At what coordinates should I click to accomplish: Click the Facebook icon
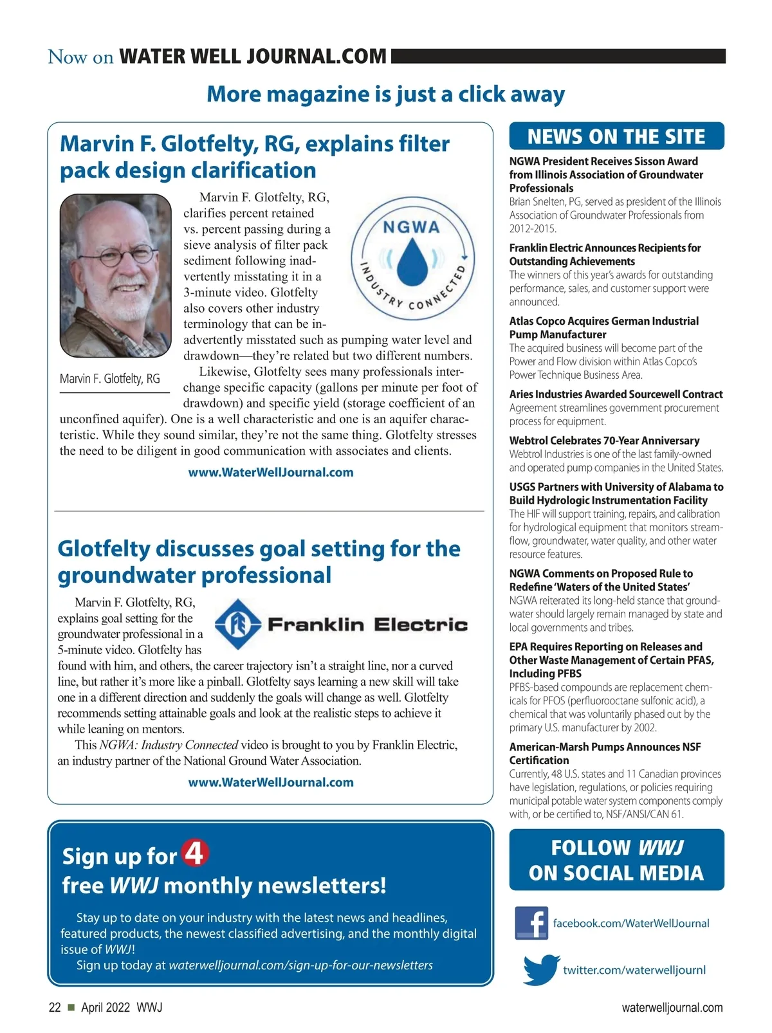click(x=531, y=923)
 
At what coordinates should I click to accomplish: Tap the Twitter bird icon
click(x=540, y=969)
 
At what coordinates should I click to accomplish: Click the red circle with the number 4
click(x=195, y=854)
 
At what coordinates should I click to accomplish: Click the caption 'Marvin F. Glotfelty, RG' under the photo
click(x=110, y=379)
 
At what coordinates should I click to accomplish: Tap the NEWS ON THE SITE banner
click(x=616, y=136)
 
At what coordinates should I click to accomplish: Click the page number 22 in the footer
click(x=55, y=1007)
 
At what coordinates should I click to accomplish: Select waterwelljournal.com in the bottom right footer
click(x=672, y=1007)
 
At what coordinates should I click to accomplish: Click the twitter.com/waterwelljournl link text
click(x=634, y=970)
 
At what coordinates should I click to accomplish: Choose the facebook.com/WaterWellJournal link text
click(x=630, y=923)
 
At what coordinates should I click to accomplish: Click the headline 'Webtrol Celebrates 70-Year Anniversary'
click(x=604, y=441)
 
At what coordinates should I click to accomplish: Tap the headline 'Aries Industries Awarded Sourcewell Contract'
click(x=616, y=394)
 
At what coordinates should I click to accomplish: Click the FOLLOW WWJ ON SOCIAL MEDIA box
click(x=616, y=860)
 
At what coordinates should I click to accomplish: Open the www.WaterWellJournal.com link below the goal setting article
click(x=271, y=782)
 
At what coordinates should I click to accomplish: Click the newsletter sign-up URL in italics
click(x=300, y=965)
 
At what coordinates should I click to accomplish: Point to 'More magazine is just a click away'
click(x=385, y=94)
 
